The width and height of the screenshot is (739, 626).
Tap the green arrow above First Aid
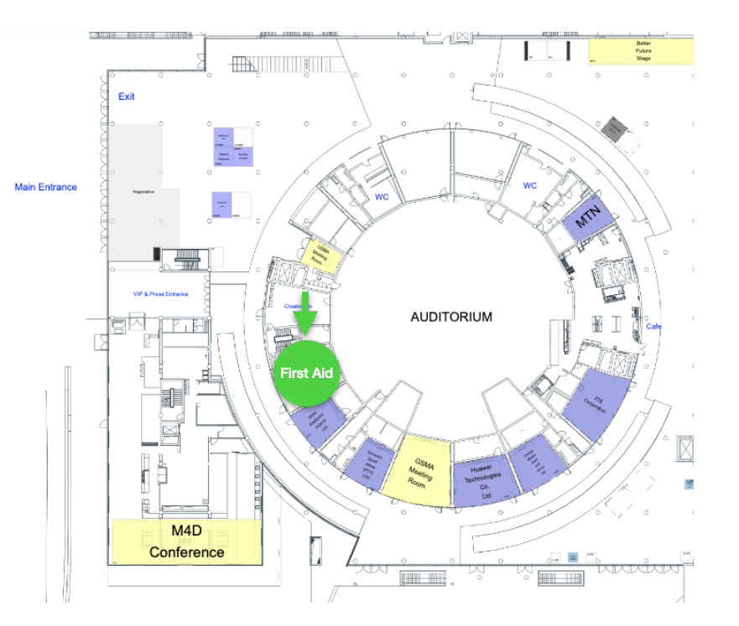tap(307, 309)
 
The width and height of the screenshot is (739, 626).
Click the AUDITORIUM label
tap(451, 317)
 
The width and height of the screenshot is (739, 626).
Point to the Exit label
tap(127, 96)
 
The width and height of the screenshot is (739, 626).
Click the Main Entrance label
tap(45, 187)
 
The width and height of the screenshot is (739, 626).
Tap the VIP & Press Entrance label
tap(161, 294)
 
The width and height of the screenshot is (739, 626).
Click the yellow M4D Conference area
tap(186, 542)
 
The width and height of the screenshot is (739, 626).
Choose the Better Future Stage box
tap(643, 50)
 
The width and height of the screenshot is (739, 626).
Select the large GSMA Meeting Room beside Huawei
tap(422, 468)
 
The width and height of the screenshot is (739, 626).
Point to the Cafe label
tap(653, 326)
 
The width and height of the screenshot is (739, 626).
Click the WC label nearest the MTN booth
tap(530, 185)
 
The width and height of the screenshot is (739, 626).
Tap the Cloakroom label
tap(299, 306)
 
